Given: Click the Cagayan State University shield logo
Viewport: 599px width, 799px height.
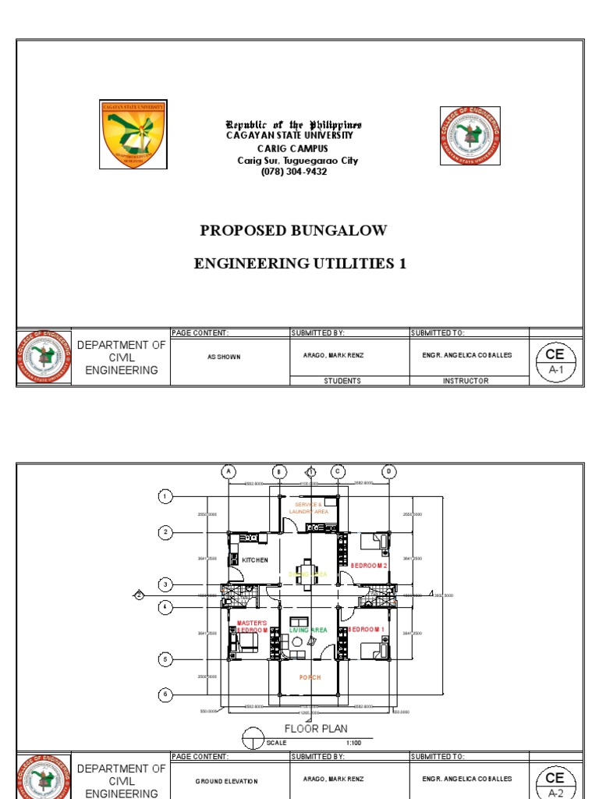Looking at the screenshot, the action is pos(133,134).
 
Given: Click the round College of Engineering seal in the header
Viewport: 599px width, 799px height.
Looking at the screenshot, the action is pos(470,137).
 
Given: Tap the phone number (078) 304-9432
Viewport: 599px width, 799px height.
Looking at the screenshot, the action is pos(293,172).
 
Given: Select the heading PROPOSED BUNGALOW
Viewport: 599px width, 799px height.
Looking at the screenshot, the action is pos(293,230).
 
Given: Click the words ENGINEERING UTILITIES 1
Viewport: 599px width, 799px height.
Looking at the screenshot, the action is pos(300,264).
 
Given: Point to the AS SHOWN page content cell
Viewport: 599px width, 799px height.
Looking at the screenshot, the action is pos(229,356).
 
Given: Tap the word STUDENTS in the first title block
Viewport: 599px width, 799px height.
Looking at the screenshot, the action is pos(342,381).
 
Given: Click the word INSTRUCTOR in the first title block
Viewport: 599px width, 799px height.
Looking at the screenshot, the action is pos(466,381).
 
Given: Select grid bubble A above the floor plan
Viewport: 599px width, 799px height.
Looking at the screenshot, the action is pos(229,471).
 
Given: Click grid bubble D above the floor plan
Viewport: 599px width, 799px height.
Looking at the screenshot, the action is pos(388,471).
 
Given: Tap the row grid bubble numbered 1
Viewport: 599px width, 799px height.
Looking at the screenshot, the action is pos(165,496).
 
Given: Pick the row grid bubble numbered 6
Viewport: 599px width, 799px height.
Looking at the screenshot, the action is pos(165,694).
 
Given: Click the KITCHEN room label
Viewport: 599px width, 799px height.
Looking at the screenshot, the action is pos(254,560).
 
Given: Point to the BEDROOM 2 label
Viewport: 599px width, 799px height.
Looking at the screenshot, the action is pos(368,565).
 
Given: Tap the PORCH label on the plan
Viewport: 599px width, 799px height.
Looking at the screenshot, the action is pos(310,677).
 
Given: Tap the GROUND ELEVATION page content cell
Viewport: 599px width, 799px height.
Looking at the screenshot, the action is pos(229,780).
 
